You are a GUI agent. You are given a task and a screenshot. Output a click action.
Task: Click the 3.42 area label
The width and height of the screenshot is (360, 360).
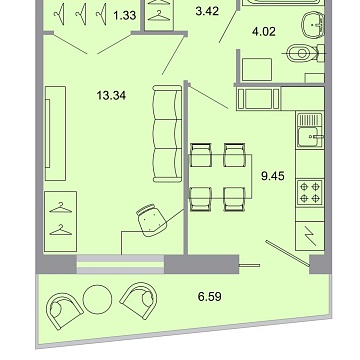(206, 12)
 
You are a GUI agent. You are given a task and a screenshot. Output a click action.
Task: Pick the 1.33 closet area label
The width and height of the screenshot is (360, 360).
(124, 15)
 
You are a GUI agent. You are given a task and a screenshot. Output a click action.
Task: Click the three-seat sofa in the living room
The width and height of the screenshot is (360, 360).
(163, 130)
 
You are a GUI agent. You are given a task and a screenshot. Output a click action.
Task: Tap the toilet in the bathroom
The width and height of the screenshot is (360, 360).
(298, 55)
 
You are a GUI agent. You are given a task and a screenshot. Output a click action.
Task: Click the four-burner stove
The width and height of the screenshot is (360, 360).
(304, 190)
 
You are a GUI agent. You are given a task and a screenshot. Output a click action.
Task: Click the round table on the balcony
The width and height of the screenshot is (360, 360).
(97, 299)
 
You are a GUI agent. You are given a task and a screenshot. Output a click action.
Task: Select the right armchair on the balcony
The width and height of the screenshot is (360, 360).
(136, 297)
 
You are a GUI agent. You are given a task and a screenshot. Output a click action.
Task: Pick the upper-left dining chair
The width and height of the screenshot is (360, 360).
(201, 155)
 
